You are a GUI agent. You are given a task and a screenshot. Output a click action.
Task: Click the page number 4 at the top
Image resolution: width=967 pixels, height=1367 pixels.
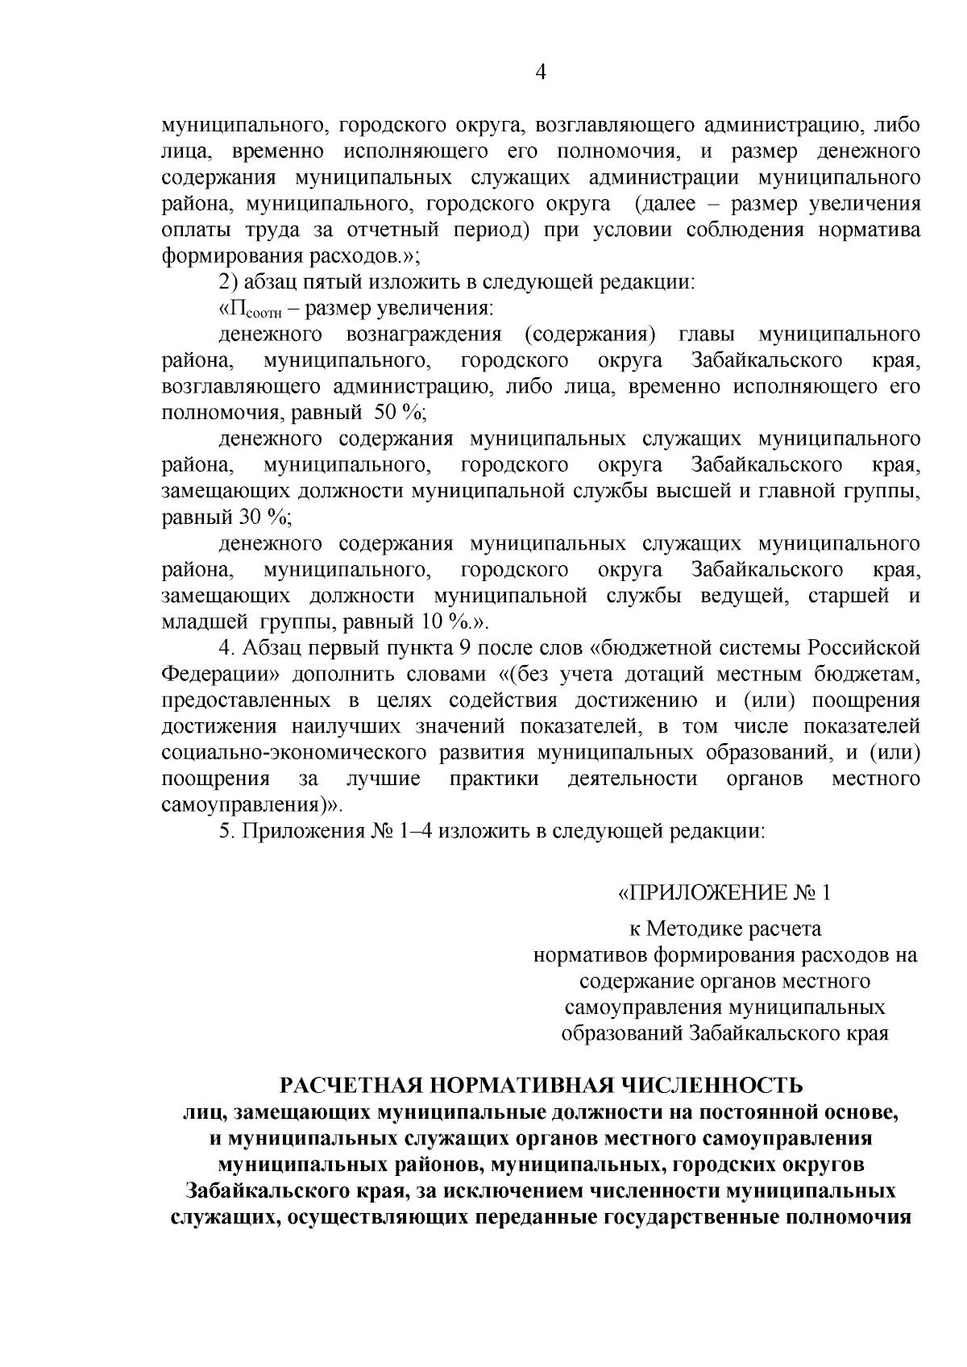coord(541,73)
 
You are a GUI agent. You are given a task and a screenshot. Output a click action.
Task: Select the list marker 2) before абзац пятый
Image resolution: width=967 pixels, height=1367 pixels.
coord(228,282)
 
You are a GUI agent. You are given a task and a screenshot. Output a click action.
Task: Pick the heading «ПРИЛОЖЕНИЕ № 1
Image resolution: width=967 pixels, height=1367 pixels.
coord(723,893)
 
